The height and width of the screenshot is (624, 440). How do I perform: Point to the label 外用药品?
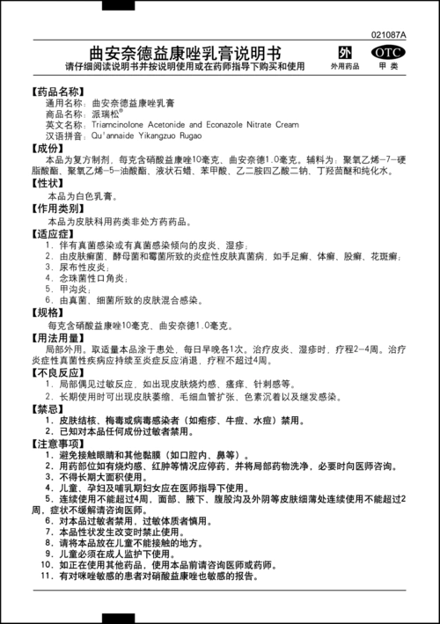tap(345, 67)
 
